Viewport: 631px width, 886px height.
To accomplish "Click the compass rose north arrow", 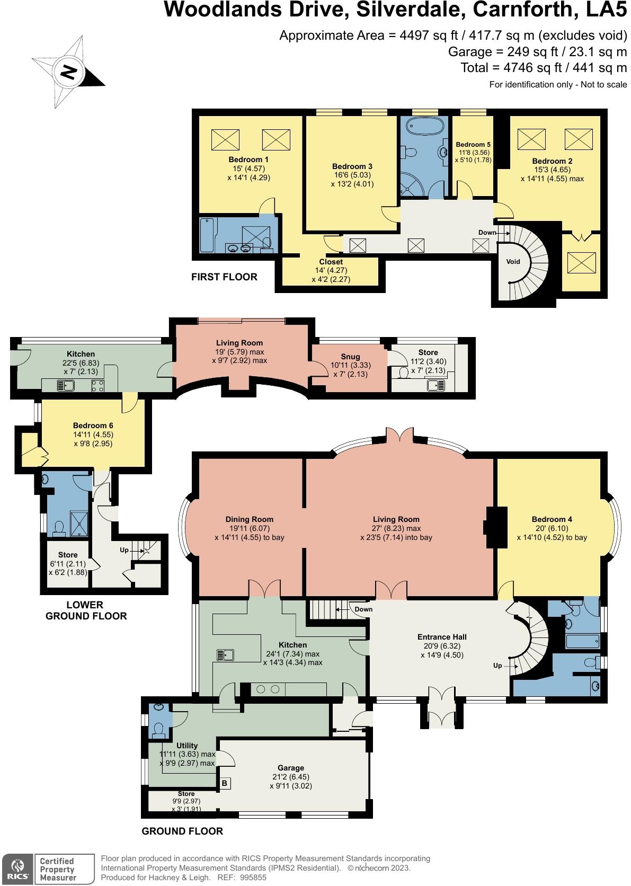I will [x=68, y=72].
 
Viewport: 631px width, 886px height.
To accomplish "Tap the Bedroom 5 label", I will [x=473, y=145].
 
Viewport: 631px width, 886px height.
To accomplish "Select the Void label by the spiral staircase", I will [x=513, y=261].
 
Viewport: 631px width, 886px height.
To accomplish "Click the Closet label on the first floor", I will [x=331, y=262].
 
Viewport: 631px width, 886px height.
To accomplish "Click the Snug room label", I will [x=350, y=357].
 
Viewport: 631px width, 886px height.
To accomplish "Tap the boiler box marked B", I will [x=224, y=783].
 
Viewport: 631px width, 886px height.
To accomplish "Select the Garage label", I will [x=291, y=767].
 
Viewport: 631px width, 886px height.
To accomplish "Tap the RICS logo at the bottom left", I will [x=17, y=867].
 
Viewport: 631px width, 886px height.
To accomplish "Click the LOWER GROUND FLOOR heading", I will [x=86, y=610].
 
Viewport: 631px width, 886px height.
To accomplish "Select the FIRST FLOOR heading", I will [x=224, y=277].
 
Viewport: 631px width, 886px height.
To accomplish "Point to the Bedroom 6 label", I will [x=93, y=425].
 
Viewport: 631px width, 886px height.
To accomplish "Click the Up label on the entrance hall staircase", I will [x=497, y=665].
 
